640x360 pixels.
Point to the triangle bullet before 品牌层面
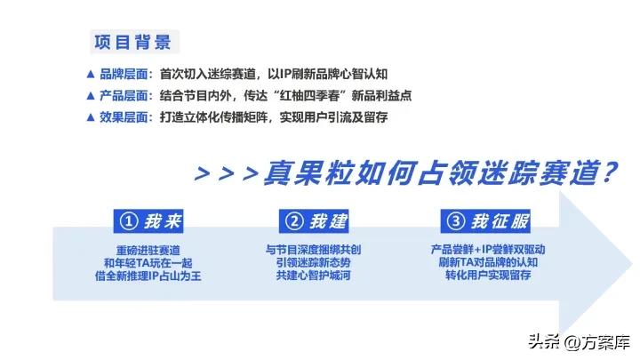pyautogui.click(x=90, y=74)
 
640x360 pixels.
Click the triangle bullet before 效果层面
pyautogui.click(x=90, y=116)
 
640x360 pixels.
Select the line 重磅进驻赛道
pyautogui.click(x=147, y=249)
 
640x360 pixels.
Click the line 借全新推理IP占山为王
pyautogui.click(x=147, y=276)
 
